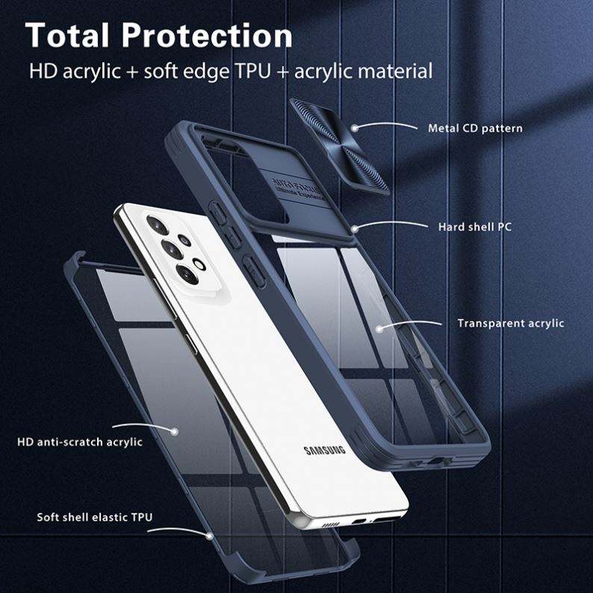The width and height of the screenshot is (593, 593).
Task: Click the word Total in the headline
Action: point(69,35)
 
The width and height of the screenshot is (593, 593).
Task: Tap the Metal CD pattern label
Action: point(475,128)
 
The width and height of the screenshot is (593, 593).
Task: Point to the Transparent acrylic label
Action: point(510,323)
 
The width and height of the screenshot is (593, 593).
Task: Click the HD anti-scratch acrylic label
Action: point(80,441)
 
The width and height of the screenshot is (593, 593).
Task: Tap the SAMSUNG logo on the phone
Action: point(325,450)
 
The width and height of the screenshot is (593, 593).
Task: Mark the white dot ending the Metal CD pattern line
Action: point(356,128)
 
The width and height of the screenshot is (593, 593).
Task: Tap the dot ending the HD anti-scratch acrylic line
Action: point(176,431)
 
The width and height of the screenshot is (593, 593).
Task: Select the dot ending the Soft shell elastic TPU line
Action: point(208,535)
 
